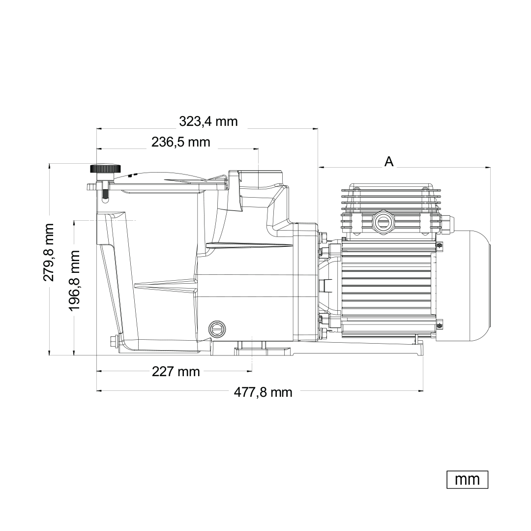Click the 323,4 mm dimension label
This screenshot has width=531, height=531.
point(208,121)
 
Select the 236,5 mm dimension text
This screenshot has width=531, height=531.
point(180,142)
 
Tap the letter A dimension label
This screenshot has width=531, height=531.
point(389,162)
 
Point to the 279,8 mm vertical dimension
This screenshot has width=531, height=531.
point(48,252)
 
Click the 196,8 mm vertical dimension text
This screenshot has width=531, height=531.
point(74,281)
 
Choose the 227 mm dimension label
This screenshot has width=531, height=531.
point(176,372)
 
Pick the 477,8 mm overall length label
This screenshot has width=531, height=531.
point(263,392)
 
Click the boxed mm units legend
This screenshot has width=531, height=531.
point(468,479)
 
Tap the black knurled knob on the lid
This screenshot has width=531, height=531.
point(105,168)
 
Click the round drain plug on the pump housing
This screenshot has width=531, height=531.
point(217,328)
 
